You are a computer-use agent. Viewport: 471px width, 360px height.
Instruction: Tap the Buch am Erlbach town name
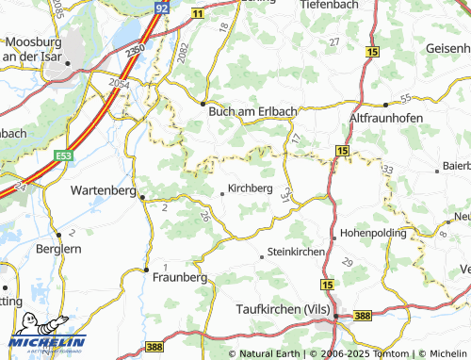click(x=252, y=110)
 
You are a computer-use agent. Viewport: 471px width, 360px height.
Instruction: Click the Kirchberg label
click(x=251, y=188)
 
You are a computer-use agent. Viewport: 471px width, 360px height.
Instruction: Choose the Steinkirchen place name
click(x=297, y=254)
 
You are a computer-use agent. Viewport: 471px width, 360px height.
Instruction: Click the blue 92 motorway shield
click(x=161, y=7)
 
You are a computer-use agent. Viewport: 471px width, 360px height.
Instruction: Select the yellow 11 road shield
click(x=197, y=16)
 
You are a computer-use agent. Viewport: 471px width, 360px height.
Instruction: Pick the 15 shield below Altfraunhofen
click(x=341, y=151)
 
